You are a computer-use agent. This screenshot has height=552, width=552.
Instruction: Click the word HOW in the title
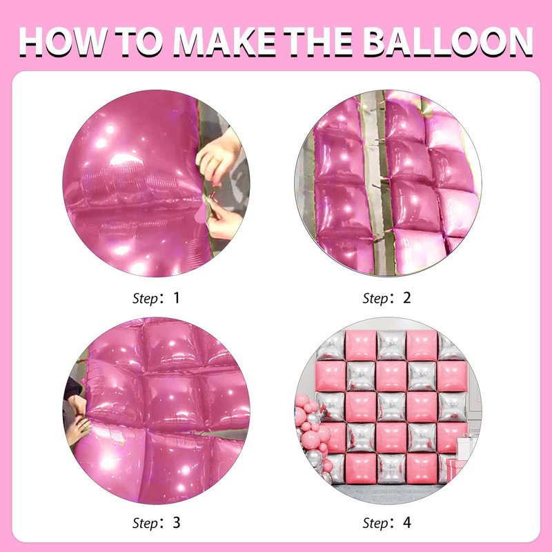pyautogui.click(x=63, y=41)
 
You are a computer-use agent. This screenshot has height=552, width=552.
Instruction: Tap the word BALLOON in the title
pyautogui.click(x=448, y=41)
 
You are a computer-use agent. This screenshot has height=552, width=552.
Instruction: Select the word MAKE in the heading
pyautogui.click(x=225, y=41)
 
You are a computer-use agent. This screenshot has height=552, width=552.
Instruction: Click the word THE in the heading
pyautogui.click(x=318, y=41)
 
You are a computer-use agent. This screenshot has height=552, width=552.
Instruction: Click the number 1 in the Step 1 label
pyautogui.click(x=177, y=298)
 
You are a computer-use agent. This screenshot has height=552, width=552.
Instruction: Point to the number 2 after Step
pyautogui.click(x=406, y=298)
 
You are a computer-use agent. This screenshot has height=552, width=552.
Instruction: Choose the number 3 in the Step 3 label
pyautogui.click(x=177, y=522)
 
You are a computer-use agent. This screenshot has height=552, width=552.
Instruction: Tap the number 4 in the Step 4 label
pyautogui.click(x=407, y=522)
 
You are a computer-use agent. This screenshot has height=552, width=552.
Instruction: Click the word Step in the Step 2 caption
pyautogui.click(x=375, y=299)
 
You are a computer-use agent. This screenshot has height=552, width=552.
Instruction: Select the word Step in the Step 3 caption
pyautogui.click(x=146, y=524)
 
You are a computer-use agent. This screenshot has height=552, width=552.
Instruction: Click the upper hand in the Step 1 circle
pyautogui.click(x=218, y=157)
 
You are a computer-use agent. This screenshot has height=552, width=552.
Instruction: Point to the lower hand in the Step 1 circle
pyautogui.click(x=224, y=217)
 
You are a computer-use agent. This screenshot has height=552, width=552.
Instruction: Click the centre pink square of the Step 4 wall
pyautogui.click(x=391, y=406)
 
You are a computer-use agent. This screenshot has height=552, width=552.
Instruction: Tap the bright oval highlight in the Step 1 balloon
pyautogui.click(x=126, y=161)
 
